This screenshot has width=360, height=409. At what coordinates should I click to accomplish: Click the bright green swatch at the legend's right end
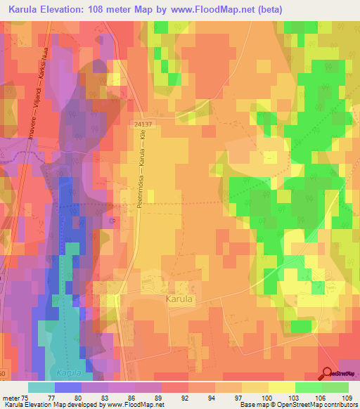pos(335,387)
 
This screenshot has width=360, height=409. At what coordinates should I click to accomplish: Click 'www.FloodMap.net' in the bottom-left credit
pos(134,405)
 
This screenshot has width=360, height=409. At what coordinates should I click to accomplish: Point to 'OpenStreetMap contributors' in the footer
pos(318,405)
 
